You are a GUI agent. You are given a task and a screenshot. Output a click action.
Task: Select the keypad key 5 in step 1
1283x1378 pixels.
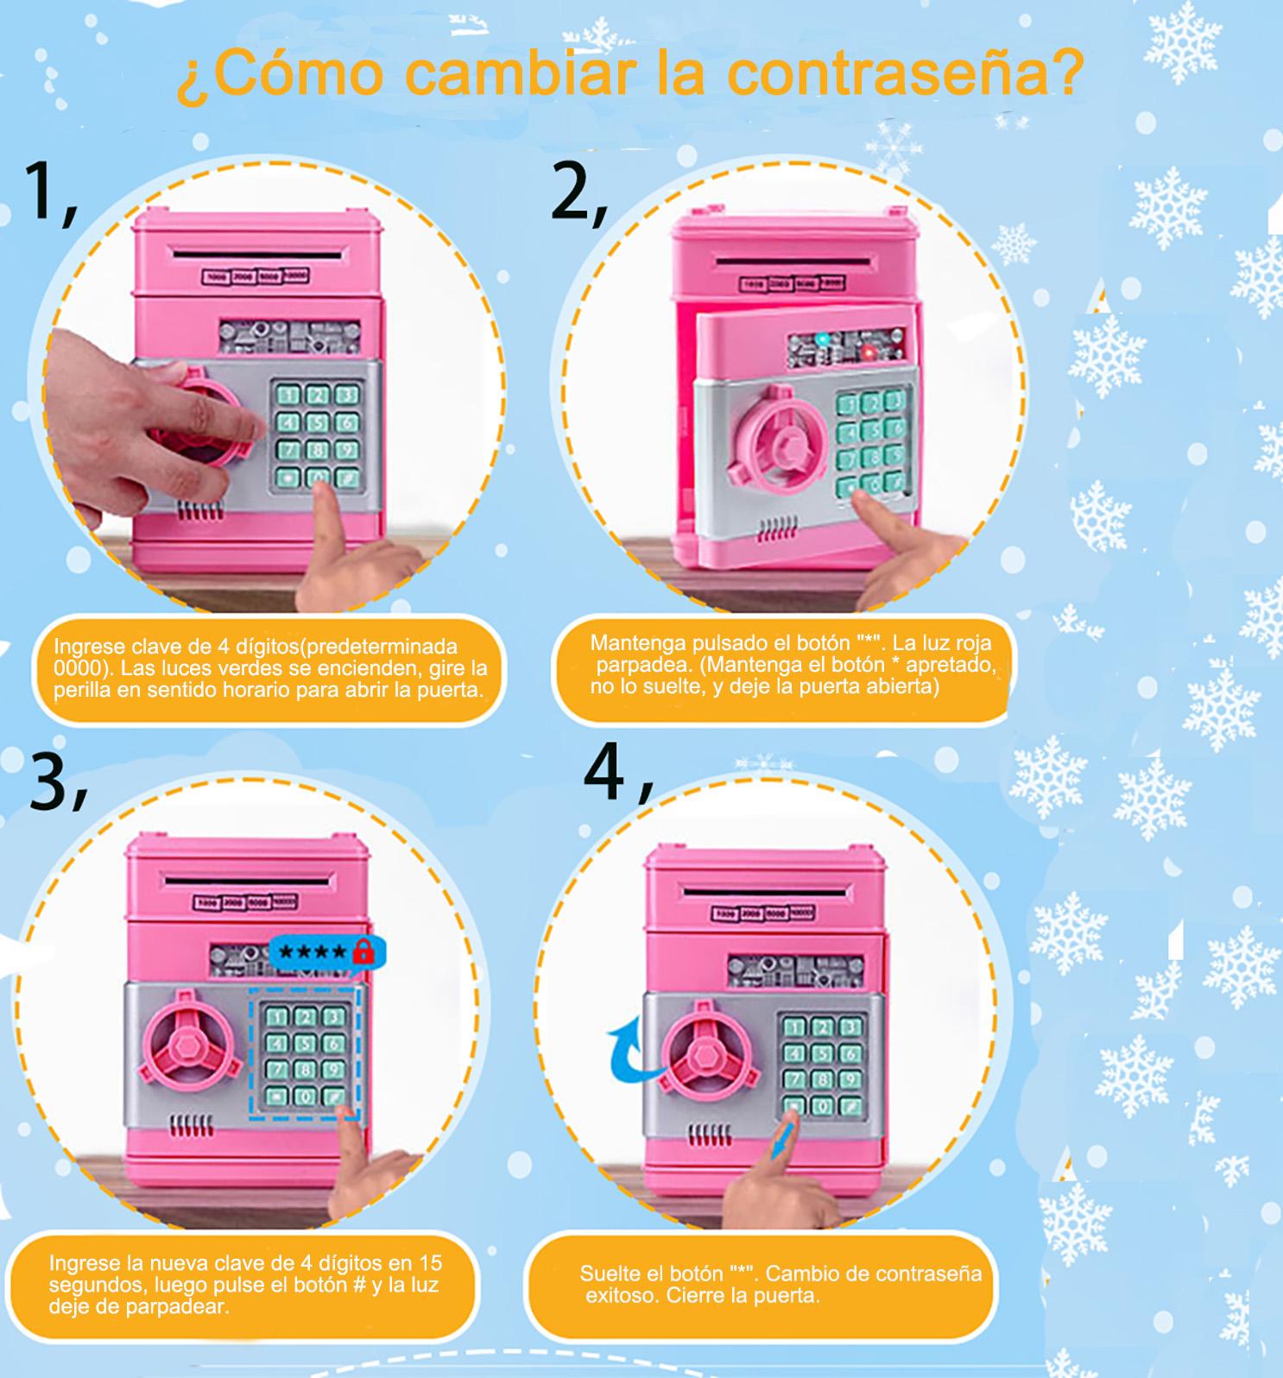click(318, 423)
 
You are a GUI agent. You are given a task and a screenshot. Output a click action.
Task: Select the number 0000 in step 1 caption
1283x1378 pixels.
click(72, 668)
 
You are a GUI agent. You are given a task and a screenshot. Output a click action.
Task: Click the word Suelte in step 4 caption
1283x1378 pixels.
click(610, 1274)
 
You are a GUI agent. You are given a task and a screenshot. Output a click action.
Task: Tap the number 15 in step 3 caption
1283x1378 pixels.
click(430, 1262)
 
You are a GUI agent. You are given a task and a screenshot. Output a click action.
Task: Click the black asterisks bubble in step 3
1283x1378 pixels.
click(314, 953)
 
